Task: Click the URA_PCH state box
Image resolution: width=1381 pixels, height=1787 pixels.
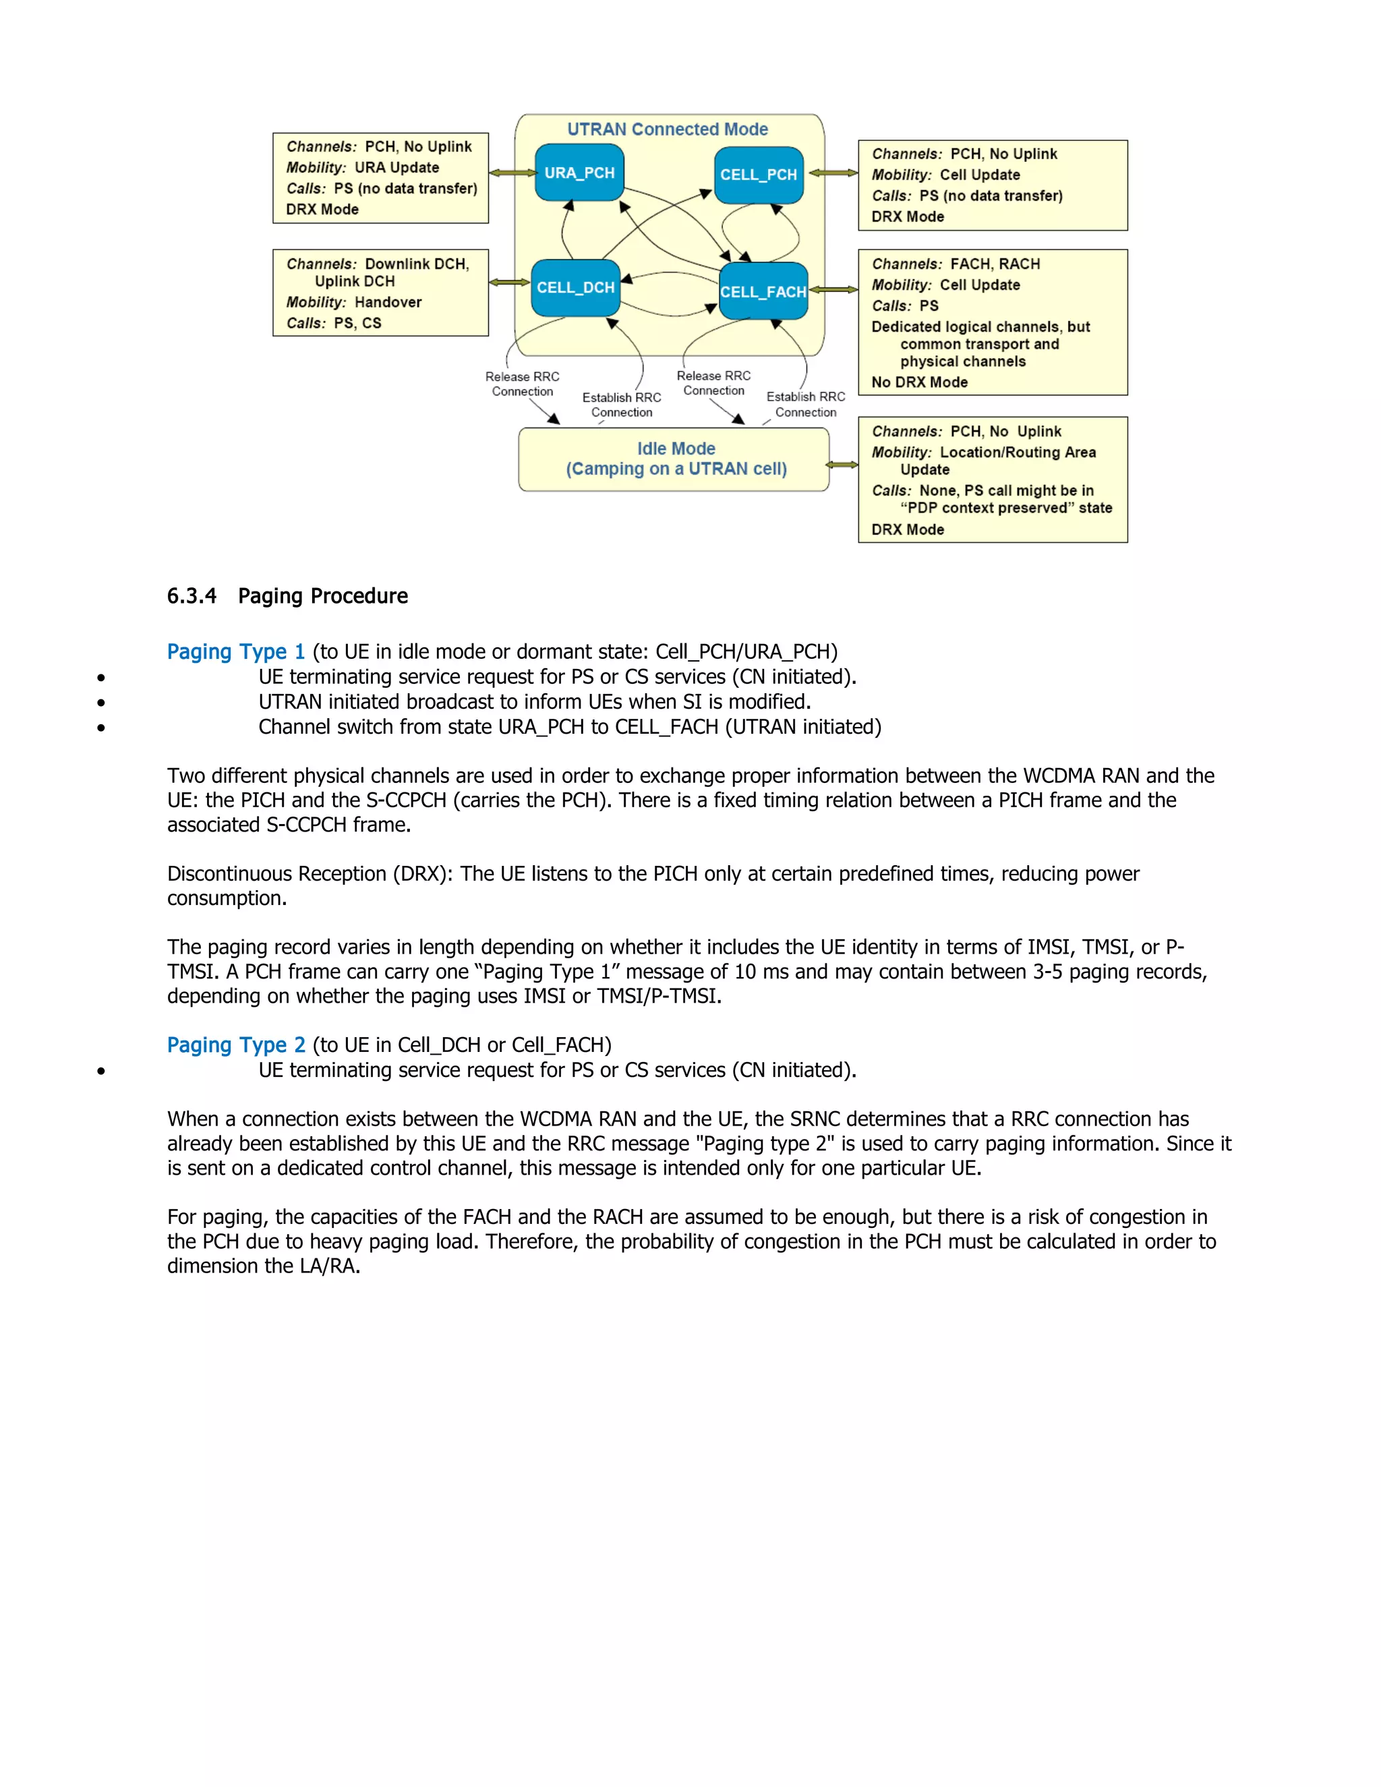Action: (x=579, y=173)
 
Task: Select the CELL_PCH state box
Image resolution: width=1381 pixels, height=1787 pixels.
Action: (x=759, y=174)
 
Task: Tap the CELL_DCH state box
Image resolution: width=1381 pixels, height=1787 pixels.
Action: (x=575, y=287)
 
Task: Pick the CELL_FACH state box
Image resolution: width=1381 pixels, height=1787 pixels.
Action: (x=763, y=291)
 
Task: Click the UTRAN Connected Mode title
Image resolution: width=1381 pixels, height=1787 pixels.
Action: (x=668, y=129)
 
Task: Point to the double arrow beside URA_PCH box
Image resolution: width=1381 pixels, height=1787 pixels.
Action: (x=512, y=173)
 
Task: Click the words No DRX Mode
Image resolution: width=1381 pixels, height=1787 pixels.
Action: (x=920, y=382)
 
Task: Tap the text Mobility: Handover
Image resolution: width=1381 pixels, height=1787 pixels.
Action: (x=353, y=302)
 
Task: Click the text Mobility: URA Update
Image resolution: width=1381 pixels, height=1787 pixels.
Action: (x=362, y=167)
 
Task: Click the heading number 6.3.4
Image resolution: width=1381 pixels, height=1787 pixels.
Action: (x=192, y=595)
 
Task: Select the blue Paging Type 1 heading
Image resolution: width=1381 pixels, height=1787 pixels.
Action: (x=235, y=651)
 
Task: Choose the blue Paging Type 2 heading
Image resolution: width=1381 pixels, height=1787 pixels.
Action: (x=235, y=1045)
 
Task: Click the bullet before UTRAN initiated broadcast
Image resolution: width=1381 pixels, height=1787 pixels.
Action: (x=100, y=703)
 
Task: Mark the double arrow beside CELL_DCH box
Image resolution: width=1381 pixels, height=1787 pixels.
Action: (x=510, y=283)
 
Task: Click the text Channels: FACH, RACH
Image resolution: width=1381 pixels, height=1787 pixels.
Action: (x=956, y=264)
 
